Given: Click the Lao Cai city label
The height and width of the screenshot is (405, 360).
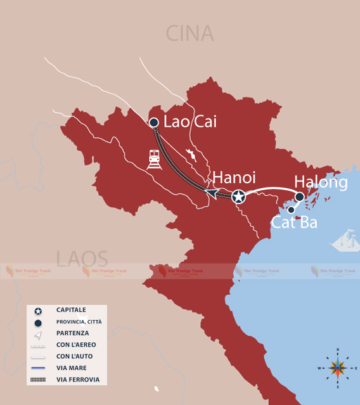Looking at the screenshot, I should click(190, 122).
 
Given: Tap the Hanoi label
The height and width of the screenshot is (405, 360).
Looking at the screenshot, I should click(234, 177).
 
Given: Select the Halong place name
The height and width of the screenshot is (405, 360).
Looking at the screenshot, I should click(321, 183).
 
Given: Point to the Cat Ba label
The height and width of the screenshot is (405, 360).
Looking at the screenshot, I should click(294, 222).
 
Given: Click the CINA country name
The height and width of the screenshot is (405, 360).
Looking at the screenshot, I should click(190, 33).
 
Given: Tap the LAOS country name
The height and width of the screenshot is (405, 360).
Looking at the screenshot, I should click(82, 259).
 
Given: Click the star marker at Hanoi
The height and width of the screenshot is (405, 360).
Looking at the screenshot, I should click(238, 197).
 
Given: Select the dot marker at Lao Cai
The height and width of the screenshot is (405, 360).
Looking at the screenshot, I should click(153, 122).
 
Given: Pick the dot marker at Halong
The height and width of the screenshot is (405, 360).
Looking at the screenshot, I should click(300, 197).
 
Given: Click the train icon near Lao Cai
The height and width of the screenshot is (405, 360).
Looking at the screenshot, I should click(154, 159).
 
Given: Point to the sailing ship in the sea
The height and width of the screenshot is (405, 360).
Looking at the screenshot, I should click(345, 240).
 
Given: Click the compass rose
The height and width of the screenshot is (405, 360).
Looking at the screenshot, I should click(338, 368).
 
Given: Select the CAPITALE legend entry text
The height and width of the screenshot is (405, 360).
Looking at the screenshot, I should click(71, 311).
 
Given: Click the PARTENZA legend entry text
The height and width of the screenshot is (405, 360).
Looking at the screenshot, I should click(72, 333).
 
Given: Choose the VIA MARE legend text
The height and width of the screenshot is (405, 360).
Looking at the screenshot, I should click(71, 368).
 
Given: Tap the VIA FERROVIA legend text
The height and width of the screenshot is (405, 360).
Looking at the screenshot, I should click(77, 380).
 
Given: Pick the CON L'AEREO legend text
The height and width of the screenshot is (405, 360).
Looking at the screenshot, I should click(75, 345).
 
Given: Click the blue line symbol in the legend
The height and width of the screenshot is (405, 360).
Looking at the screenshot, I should click(38, 368).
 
